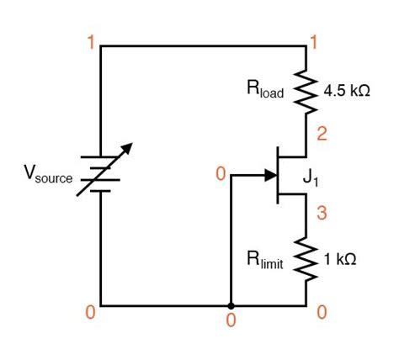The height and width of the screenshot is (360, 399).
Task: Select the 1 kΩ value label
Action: tap(340, 260)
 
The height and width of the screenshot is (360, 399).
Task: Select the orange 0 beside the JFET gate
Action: tap(221, 174)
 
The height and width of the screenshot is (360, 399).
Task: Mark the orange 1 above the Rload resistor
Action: tap(314, 40)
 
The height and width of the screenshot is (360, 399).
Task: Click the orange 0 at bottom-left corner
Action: tap(90, 312)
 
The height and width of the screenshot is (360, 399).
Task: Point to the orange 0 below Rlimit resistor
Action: tap(320, 312)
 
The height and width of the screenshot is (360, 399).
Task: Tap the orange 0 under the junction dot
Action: tap(230, 320)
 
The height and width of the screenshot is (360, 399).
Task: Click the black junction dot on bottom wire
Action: tap(230, 304)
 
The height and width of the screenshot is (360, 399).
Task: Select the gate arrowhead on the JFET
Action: tap(271, 176)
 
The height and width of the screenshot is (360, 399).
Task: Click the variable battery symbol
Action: tap(101, 174)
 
